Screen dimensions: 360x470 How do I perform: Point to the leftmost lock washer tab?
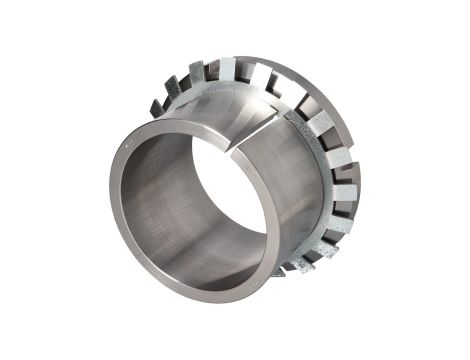(155, 105)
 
